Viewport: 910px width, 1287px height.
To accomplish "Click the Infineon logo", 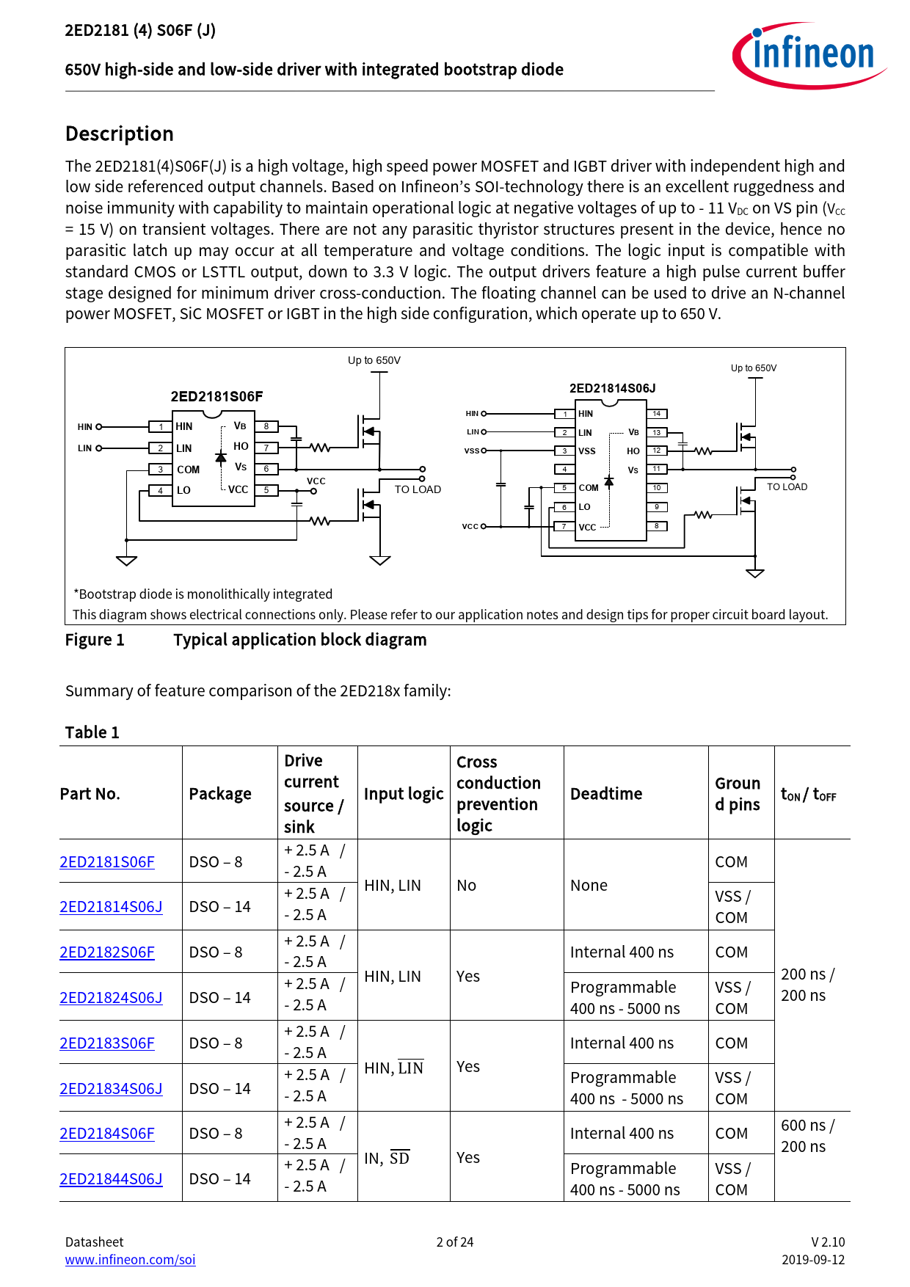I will click(x=809, y=55).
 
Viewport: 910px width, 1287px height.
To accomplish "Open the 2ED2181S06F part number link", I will click(x=107, y=862).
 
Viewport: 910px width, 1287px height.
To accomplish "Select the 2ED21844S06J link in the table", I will click(x=111, y=1179).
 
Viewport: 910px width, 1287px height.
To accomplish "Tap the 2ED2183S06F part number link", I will click(x=107, y=1043).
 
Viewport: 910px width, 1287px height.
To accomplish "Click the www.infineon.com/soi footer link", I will click(x=130, y=1260).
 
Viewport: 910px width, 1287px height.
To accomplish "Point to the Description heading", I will click(x=120, y=134).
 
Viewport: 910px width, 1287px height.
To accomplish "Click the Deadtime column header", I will click(x=606, y=794).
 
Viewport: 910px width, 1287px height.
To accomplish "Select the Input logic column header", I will click(x=404, y=794).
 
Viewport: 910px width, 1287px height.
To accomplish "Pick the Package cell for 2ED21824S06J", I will click(x=220, y=998).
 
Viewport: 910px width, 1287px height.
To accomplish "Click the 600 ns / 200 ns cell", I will click(x=807, y=1136).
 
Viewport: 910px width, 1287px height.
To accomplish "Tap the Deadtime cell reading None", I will click(x=589, y=886).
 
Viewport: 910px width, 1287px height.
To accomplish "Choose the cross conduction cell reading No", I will click(x=467, y=886).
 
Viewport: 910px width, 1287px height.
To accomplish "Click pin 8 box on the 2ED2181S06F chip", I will click(x=266, y=426).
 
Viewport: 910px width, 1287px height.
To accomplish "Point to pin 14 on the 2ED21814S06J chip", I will click(x=657, y=414).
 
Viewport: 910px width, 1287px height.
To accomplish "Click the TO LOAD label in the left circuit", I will click(x=418, y=489).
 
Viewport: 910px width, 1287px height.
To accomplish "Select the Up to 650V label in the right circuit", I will click(x=753, y=368).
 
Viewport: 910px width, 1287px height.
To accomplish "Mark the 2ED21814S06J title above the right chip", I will click(x=613, y=388).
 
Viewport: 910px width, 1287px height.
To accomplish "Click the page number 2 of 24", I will click(x=455, y=1242).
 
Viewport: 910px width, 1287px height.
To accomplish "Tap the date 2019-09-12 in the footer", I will click(x=813, y=1260).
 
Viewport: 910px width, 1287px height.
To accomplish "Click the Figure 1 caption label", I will click(x=95, y=640).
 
